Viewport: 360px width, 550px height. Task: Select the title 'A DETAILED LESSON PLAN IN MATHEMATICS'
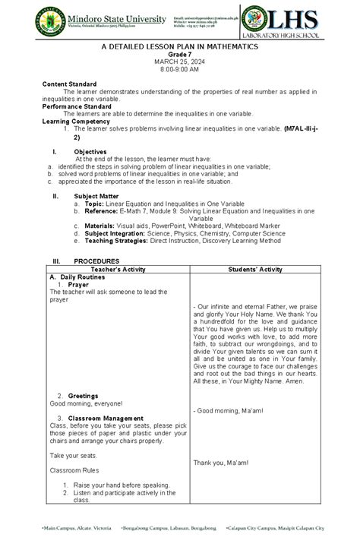180,47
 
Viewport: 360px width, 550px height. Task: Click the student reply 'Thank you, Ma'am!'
221,463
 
